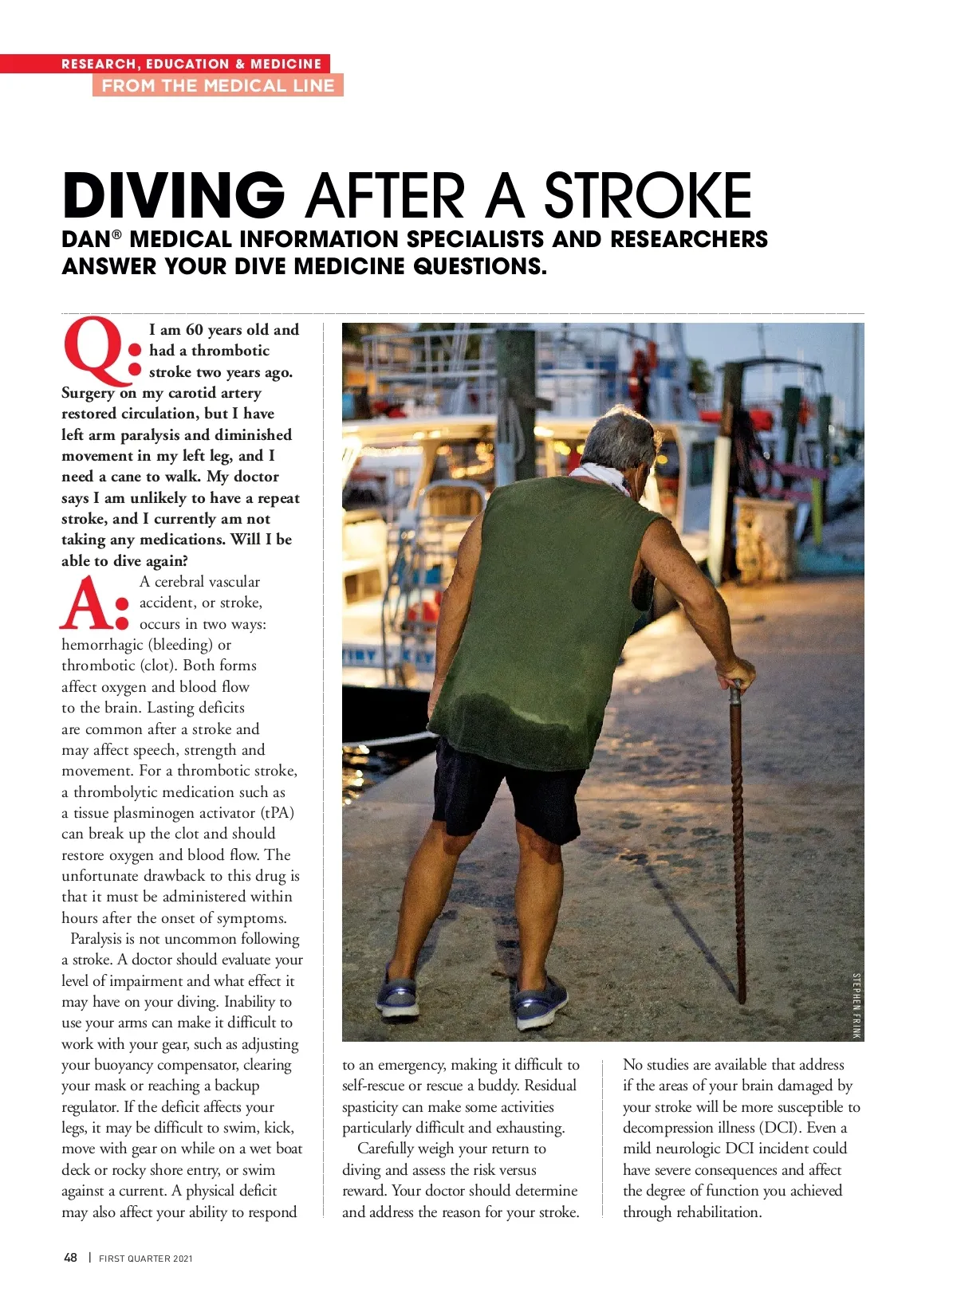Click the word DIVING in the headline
(173, 195)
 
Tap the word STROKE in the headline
(648, 195)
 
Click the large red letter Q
(94, 351)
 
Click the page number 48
(70, 1258)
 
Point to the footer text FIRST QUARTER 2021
(146, 1259)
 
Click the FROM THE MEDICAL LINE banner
(218, 86)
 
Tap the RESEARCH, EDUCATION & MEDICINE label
(191, 64)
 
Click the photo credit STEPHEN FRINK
(857, 1005)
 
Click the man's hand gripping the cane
(734, 674)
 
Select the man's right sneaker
(541, 1002)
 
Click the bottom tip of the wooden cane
(742, 998)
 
